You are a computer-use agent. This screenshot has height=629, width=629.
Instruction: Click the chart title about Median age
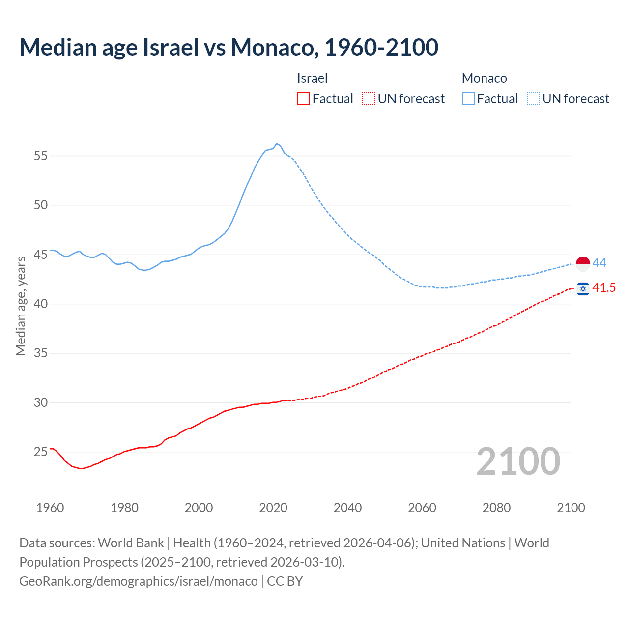[x=229, y=47]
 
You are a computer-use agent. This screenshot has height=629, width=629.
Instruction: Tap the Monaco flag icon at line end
[x=583, y=264]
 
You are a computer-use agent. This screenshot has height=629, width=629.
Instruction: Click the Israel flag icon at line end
[x=583, y=288]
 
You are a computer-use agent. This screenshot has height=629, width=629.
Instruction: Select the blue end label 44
[x=599, y=263]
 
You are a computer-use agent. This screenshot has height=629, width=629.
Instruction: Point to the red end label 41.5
[x=604, y=288]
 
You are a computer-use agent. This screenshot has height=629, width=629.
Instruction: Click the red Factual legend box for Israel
[x=303, y=99]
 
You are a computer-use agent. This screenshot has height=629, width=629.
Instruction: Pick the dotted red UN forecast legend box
[x=369, y=99]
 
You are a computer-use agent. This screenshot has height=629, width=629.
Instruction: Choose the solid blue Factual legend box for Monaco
[x=468, y=99]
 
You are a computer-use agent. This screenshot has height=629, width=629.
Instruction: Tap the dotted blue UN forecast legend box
[x=533, y=99]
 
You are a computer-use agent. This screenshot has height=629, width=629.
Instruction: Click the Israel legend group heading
[x=312, y=78]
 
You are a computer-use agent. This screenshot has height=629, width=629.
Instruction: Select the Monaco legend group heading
[x=484, y=78]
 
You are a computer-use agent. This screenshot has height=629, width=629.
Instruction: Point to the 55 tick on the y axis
[x=40, y=156]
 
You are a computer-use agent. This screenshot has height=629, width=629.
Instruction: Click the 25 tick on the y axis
[x=40, y=452]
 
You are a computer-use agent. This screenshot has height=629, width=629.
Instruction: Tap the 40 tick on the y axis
[x=40, y=304]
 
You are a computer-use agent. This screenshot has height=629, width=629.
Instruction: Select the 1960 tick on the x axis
[x=50, y=508]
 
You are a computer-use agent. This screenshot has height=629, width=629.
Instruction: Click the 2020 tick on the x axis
[x=273, y=508]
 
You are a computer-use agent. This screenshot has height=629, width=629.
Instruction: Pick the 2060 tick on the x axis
[x=422, y=508]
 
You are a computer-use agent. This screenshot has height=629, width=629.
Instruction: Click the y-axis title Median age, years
[x=21, y=306]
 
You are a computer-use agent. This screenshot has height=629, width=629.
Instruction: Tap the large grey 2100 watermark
[x=518, y=461]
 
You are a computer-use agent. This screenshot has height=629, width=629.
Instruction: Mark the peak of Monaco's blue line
[x=277, y=144]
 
